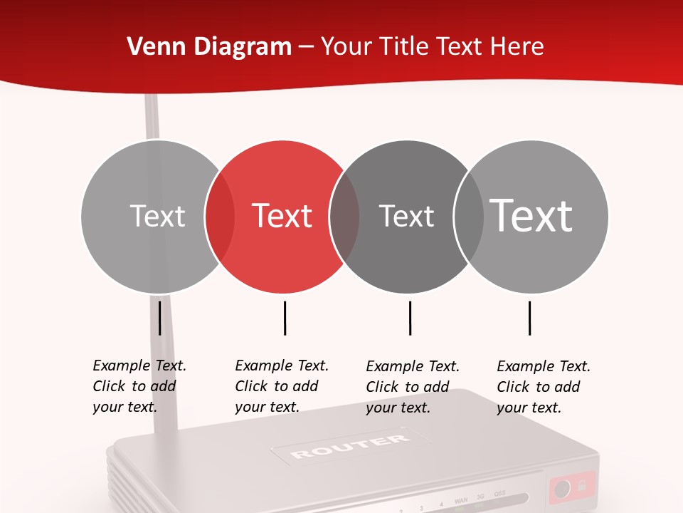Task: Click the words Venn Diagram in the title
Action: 209,47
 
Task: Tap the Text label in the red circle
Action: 282,216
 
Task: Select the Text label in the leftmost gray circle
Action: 157,216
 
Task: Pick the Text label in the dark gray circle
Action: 406,216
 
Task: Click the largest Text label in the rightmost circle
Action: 531,215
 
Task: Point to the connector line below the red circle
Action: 285,318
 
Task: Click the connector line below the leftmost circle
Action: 159,318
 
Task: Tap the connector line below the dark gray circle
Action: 410,318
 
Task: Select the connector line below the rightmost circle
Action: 529,318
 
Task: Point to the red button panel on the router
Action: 571,488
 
